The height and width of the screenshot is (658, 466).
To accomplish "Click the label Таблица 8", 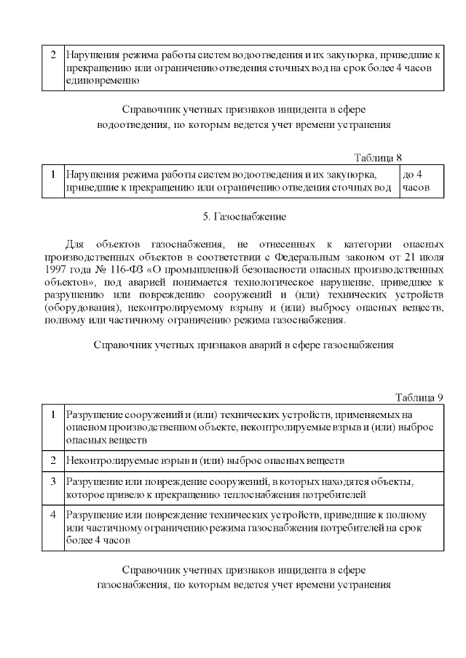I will (378, 158).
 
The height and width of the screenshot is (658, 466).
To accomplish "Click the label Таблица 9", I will (419, 397).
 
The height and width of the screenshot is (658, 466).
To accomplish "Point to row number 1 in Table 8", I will (53, 174).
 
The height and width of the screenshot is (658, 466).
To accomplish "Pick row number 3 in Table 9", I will (53, 482).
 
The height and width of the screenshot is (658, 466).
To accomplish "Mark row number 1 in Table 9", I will (53, 414).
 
